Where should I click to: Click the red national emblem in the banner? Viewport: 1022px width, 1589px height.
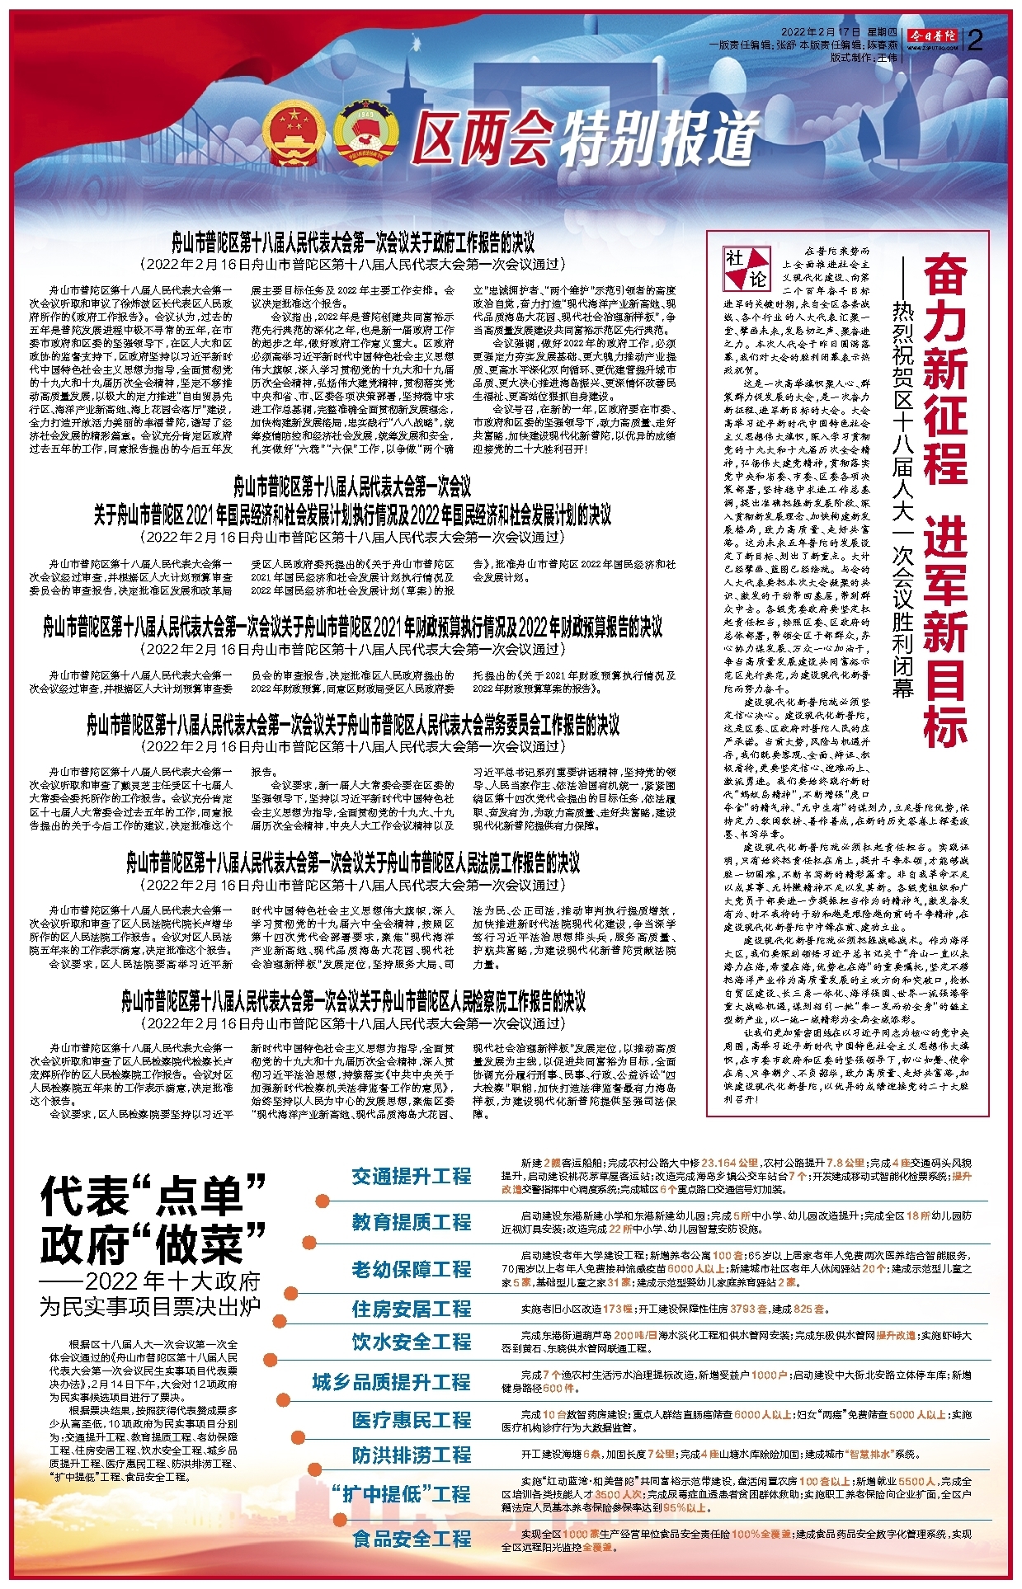pyautogui.click(x=294, y=134)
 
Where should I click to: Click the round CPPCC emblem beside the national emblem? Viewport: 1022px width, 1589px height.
pyautogui.click(x=365, y=134)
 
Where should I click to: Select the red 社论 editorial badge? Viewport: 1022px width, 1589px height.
pyautogui.click(x=746, y=268)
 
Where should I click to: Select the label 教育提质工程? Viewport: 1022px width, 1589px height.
pyautogui.click(x=411, y=1221)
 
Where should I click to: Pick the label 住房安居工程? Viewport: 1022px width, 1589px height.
pyautogui.click(x=411, y=1309)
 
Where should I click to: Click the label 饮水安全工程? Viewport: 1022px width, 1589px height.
pyautogui.click(x=411, y=1342)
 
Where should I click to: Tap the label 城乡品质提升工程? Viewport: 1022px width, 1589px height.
pyautogui.click(x=391, y=1381)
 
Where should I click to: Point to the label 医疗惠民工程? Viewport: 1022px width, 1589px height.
pyautogui.click(x=411, y=1419)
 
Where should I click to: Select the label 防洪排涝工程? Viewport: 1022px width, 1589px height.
pyautogui.click(x=411, y=1455)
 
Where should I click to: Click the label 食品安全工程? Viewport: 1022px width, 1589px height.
pyautogui.click(x=411, y=1538)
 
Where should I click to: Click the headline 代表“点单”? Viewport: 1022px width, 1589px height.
pyautogui.click(x=153, y=1195)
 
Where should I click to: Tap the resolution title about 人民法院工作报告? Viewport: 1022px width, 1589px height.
pyautogui.click(x=353, y=863)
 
